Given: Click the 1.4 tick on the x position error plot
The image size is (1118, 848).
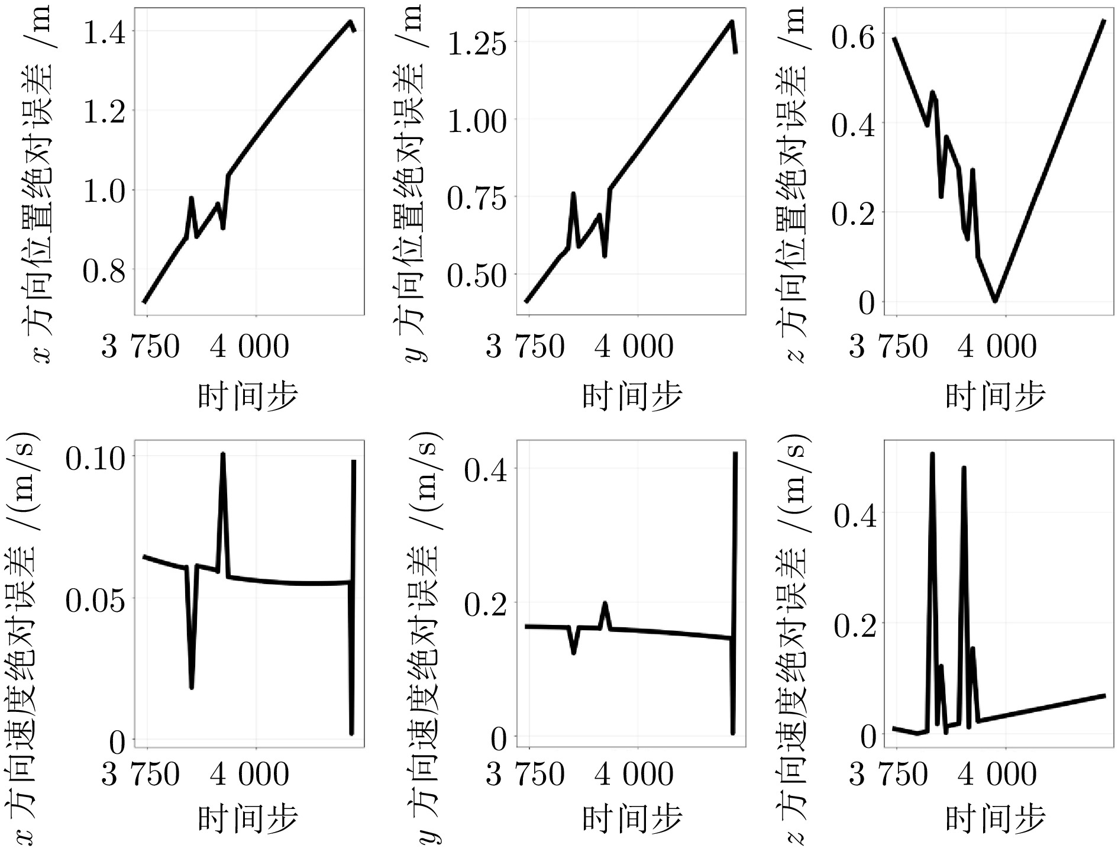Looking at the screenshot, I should point(104,31).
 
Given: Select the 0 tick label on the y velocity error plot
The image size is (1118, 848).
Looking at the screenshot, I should point(492,738).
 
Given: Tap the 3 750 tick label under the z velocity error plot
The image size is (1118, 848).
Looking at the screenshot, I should point(888,773).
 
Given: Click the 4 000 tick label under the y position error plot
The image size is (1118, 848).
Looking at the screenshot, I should point(634,346).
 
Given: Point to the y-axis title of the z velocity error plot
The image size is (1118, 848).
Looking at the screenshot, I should point(793,636).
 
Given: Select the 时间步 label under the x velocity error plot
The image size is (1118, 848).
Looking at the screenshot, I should point(247,820).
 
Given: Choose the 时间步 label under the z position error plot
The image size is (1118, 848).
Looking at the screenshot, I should point(996,395).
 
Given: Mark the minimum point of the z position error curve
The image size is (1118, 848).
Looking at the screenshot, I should point(996,301).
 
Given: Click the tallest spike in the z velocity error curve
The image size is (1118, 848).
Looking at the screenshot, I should point(932,454).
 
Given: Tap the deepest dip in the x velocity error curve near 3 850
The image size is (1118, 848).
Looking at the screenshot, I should point(192,687).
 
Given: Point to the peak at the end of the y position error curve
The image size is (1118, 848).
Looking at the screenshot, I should point(732,22).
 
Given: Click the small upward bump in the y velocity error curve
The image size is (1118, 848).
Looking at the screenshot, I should point(605,603).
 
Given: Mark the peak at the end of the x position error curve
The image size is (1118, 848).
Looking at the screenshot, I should point(351,22).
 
